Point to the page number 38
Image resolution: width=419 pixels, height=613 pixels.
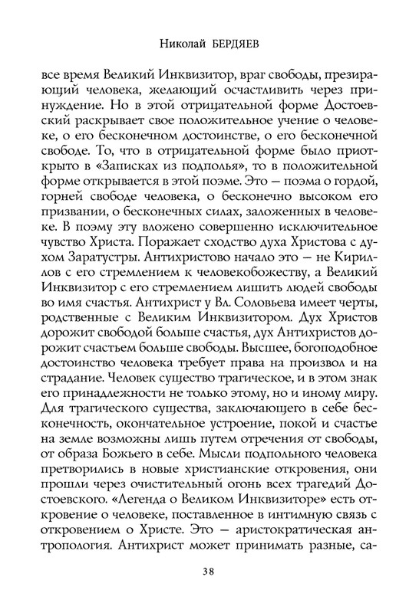[209, 570]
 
